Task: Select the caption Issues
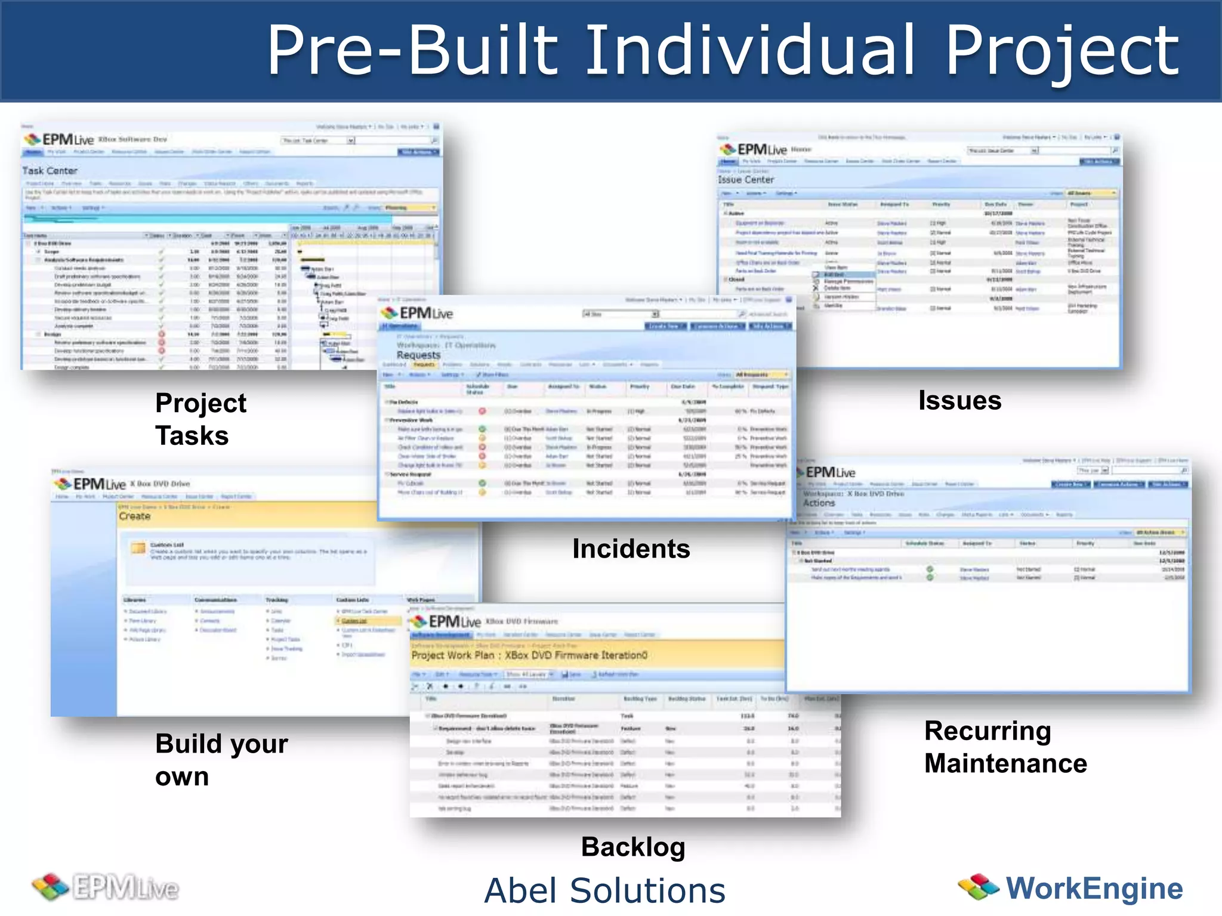coord(959,400)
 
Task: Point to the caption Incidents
coord(631,549)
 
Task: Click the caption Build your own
coord(221,760)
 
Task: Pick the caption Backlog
coord(633,847)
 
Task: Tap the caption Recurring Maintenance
coord(1005,747)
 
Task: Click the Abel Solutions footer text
coord(604,890)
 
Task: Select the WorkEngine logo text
coord(1094,888)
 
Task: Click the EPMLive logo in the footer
coord(106,887)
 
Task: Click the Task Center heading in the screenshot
coord(50,171)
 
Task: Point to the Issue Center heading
coord(746,180)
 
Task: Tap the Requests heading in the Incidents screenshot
coord(418,355)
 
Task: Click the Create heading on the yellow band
coord(135,516)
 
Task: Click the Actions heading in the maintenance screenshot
coord(819,503)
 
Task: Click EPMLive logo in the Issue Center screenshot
coord(753,149)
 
